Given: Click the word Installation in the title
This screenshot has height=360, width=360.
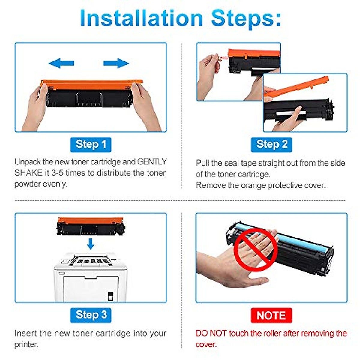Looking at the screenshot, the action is [141, 18].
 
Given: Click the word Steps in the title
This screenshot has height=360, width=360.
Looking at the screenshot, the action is [246, 19].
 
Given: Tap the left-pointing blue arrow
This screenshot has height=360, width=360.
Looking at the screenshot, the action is [61, 63].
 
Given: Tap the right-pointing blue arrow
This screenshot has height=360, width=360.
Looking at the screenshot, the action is [116, 63].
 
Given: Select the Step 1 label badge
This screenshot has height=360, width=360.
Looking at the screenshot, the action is [91, 145].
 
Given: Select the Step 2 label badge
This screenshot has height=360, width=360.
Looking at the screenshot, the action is [271, 145].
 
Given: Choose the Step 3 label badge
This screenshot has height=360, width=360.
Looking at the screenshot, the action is [91, 315].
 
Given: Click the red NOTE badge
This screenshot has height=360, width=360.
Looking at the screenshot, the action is [271, 315].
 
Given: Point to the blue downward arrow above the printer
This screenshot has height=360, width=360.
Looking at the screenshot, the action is [91, 244].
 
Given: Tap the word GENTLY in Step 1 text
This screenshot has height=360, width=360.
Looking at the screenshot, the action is [152, 162].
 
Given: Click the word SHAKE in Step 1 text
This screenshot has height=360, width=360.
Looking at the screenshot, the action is [28, 173].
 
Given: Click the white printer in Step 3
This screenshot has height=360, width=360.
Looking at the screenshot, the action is [90, 277].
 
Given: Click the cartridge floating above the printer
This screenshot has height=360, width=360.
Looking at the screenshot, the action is [91, 226].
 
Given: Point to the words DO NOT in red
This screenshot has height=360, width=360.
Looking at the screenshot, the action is [211, 333].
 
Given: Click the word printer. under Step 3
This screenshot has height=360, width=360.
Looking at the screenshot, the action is [26, 345].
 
